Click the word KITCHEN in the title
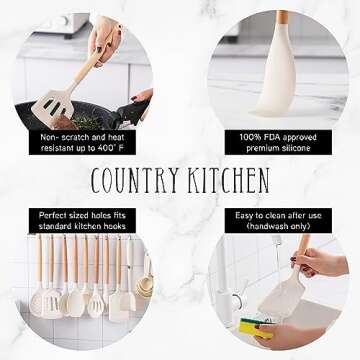click(228, 180)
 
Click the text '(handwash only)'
click(272, 225)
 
